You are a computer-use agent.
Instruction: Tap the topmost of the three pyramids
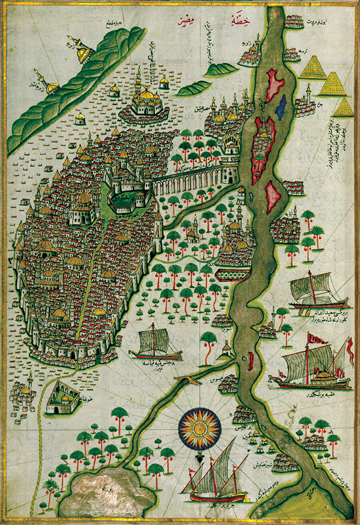(313, 68)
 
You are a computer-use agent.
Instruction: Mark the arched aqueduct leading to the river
(188, 182)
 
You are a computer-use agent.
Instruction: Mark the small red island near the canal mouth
(250, 361)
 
